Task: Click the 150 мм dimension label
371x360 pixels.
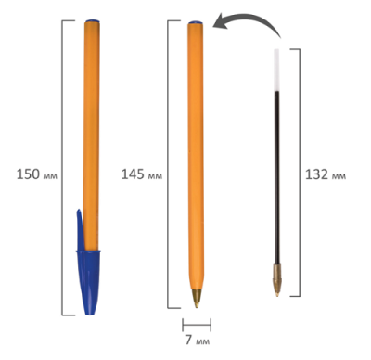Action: coord(37,174)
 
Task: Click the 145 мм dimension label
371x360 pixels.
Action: coord(142,174)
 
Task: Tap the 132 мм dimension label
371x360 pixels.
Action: coord(326,174)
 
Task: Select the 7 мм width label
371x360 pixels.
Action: coord(198,341)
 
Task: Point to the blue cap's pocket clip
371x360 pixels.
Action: coord(81,229)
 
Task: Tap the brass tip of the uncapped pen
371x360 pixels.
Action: coord(197,299)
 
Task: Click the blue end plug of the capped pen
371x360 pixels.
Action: coord(92,21)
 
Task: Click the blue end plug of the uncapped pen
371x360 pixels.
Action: coord(196,22)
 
